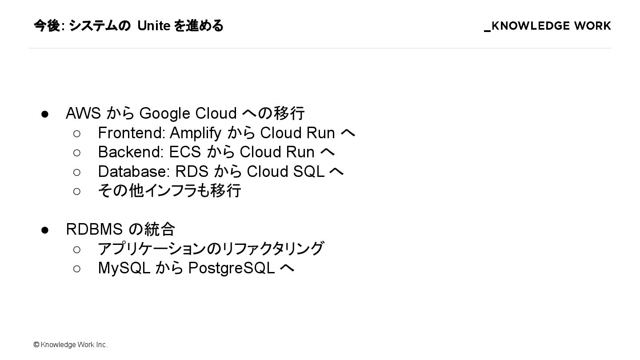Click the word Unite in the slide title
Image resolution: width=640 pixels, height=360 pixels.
click(x=154, y=26)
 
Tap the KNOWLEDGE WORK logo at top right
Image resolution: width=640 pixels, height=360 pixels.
click(x=548, y=26)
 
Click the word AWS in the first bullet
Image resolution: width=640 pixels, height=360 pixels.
click(x=83, y=113)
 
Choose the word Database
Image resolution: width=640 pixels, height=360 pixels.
click(x=133, y=172)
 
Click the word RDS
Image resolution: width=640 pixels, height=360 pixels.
click(x=192, y=172)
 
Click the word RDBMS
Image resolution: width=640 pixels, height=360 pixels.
click(x=94, y=229)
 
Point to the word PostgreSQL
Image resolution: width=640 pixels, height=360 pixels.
click(x=231, y=268)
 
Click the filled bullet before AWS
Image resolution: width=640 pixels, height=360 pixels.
click(x=44, y=114)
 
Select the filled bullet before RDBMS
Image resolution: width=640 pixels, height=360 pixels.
click(x=44, y=230)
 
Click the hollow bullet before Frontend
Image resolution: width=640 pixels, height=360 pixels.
click(x=77, y=133)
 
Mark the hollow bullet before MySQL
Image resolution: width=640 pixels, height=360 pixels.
click(x=77, y=268)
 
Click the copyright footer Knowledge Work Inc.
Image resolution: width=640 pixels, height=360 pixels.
click(x=71, y=345)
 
